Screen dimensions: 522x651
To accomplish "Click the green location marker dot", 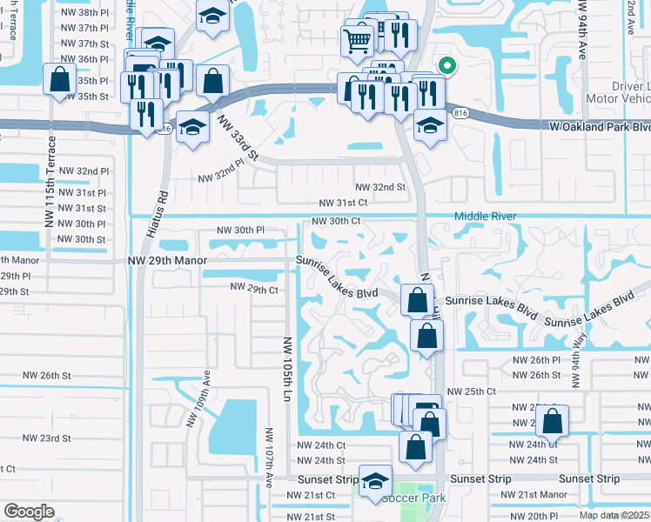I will [446, 64].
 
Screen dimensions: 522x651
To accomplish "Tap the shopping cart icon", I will [358, 40].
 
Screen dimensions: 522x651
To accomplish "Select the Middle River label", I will [486, 217].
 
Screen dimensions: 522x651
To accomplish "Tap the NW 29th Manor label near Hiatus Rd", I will [167, 260].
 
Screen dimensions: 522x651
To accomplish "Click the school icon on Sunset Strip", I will [375, 481].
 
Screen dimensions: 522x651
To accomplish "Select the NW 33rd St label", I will [239, 138].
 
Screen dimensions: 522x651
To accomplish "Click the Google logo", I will [29, 512].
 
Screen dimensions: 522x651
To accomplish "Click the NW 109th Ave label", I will [198, 401].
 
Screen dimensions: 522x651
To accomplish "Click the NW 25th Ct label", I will [471, 392].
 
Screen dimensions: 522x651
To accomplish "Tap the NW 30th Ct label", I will [332, 221].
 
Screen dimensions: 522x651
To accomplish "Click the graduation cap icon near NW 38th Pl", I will [211, 16].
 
